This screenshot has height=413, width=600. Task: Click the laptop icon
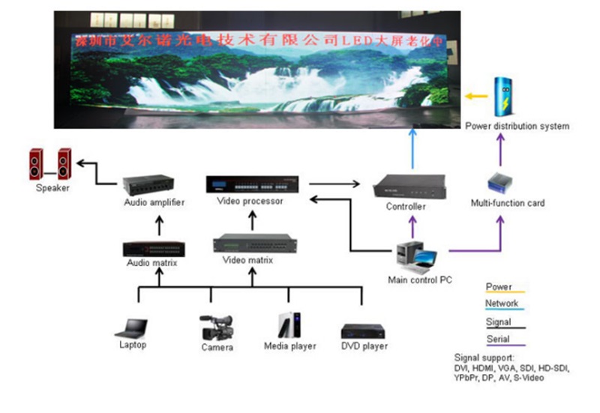(x=131, y=327)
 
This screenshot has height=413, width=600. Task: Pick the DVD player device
(x=363, y=331)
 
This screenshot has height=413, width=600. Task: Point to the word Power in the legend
(x=498, y=286)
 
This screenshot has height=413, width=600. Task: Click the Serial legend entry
(x=498, y=339)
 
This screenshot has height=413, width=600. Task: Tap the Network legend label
(x=502, y=303)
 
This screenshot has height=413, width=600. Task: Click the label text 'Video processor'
(x=250, y=202)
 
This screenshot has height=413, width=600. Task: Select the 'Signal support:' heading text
(x=484, y=358)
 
